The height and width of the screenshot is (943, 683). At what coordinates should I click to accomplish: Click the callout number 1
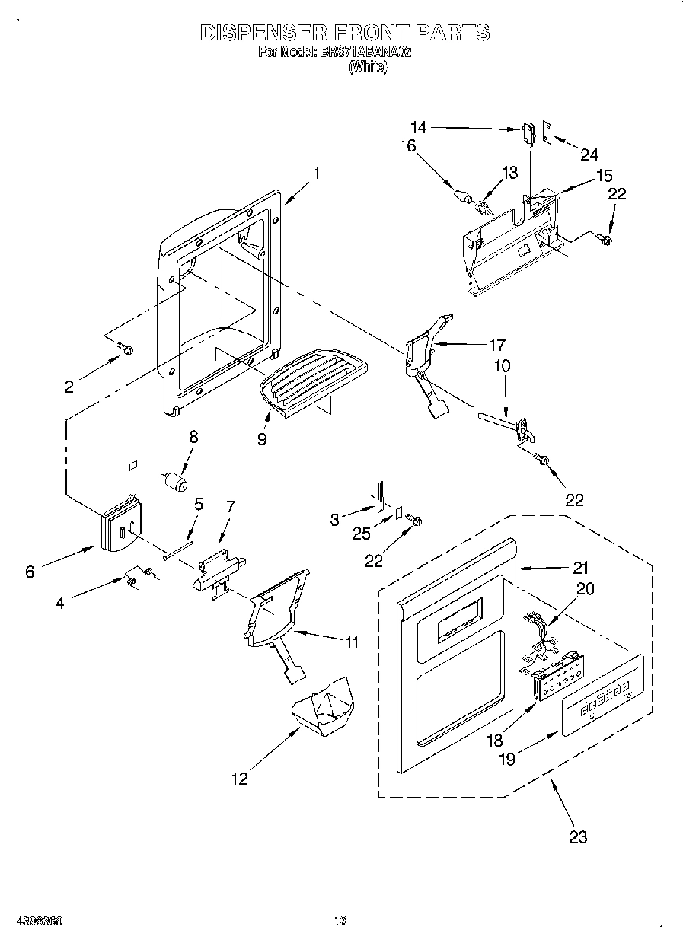[x=316, y=173]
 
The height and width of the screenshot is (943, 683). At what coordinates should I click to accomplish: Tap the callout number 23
[x=578, y=836]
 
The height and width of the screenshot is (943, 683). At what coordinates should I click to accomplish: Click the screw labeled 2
[x=126, y=349]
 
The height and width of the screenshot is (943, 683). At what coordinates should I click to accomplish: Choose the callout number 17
[x=497, y=344]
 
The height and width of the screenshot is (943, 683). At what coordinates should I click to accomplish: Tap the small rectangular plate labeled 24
[x=546, y=130]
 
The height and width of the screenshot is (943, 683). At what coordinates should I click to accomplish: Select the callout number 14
[x=418, y=128]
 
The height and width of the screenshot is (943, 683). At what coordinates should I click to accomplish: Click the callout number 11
[x=349, y=642]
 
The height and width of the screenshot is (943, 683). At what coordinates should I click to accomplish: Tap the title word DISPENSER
[x=260, y=33]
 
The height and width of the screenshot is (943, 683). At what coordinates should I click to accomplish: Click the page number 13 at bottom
[x=340, y=921]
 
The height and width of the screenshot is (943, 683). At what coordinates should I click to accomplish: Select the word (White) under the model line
[x=368, y=67]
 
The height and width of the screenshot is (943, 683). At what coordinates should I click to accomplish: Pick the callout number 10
[x=503, y=366]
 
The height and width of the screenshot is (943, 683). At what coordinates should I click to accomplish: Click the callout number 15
[x=604, y=175]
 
